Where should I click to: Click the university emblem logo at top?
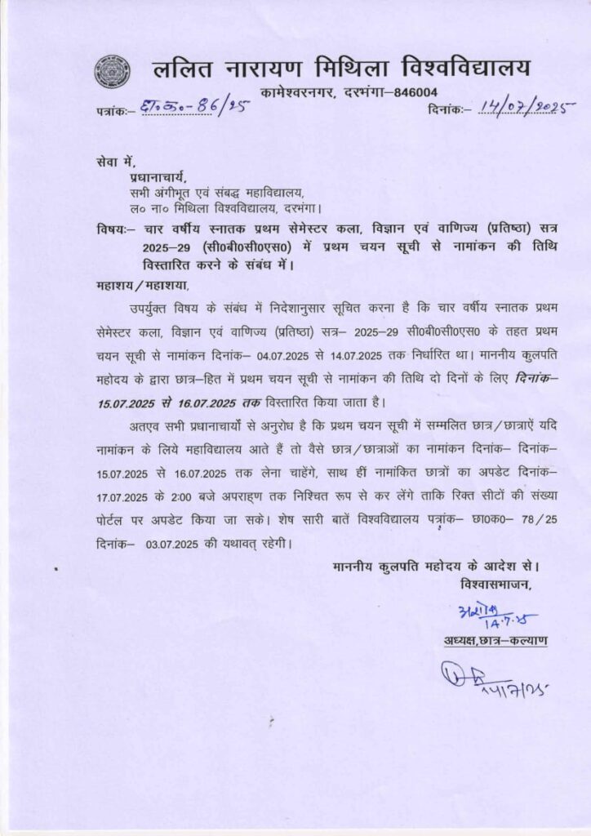(x=112, y=71)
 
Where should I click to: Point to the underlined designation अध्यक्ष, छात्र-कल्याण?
(x=497, y=642)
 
